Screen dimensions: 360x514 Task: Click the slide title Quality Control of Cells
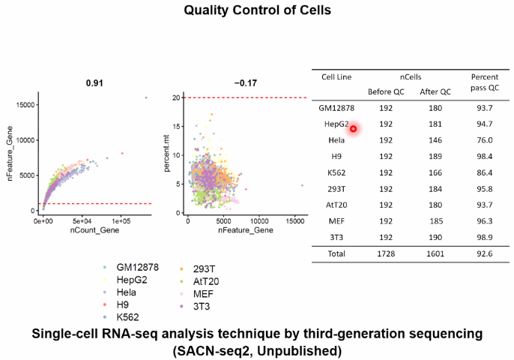pos(256,11)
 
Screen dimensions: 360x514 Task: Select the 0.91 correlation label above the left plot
pos(94,82)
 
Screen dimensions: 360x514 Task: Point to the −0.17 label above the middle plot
pos(245,82)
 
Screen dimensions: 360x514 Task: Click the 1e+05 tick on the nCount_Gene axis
pos(121,222)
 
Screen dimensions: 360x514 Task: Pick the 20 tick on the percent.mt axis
pos(177,97)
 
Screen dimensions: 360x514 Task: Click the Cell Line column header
pos(336,76)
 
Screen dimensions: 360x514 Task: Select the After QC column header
pos(435,91)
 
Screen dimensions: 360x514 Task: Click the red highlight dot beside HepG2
pos(354,129)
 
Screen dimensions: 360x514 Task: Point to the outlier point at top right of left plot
pos(146,97)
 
